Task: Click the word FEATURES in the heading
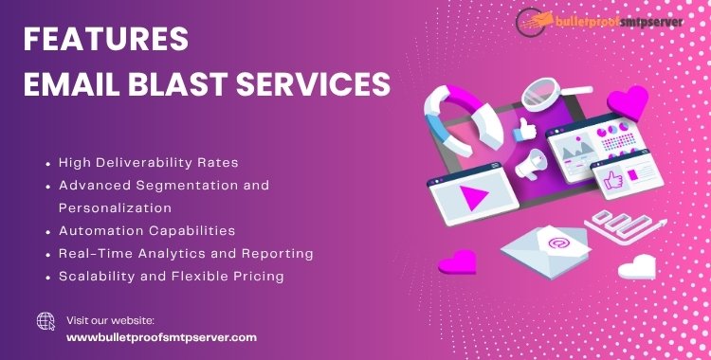point(105,40)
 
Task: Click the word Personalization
point(114,207)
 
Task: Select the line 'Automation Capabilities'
point(147,230)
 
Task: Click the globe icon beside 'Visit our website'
point(46,321)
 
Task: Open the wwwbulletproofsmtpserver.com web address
point(161,336)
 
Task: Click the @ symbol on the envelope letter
point(555,243)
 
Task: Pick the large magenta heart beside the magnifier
point(628,101)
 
